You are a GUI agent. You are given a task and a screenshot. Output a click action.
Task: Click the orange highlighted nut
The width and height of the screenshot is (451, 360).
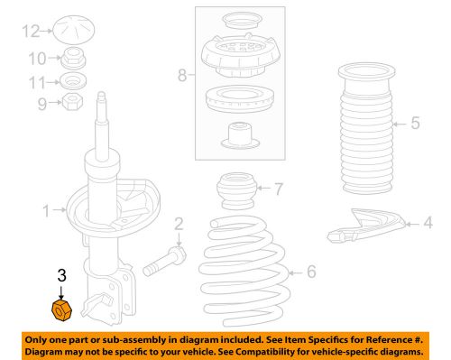(x=60, y=311)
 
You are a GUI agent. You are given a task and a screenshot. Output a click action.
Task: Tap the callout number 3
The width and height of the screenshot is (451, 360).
(x=61, y=276)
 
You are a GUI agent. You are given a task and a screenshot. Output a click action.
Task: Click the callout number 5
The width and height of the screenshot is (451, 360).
(x=415, y=123)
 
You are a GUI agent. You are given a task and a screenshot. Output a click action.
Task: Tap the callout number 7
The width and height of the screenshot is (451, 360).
(x=278, y=189)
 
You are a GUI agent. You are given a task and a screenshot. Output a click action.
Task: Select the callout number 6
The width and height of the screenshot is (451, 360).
(x=311, y=271)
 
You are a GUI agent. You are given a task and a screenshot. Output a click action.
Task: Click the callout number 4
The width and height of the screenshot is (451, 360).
(x=428, y=221)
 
